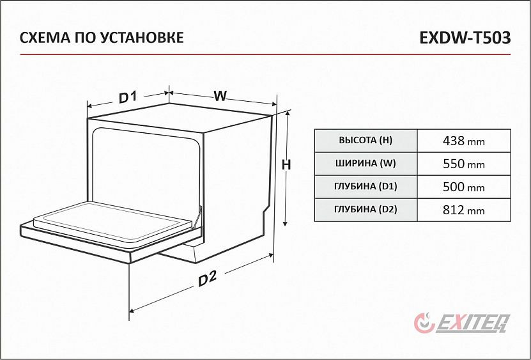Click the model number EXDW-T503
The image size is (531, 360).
(465, 38)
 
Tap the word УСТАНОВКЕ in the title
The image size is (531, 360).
(142, 37)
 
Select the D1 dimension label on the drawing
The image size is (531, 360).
(128, 97)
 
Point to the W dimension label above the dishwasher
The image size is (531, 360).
(220, 96)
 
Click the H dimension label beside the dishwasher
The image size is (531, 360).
(286, 165)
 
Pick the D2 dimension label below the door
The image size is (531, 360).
(207, 279)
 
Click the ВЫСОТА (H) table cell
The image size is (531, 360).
(366, 141)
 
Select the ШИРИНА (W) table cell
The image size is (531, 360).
(366, 164)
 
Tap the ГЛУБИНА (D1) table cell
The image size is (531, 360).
(366, 187)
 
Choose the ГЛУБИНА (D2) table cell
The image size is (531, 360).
(366, 210)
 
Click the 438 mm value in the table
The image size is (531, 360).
(464, 141)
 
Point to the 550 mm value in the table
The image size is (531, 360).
(464, 164)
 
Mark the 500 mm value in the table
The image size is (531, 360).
(464, 187)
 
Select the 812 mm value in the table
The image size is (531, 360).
(464, 210)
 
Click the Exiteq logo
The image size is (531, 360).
(462, 322)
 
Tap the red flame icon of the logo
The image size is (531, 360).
(425, 322)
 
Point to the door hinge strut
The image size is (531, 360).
(197, 217)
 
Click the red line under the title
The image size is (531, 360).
(265, 54)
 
